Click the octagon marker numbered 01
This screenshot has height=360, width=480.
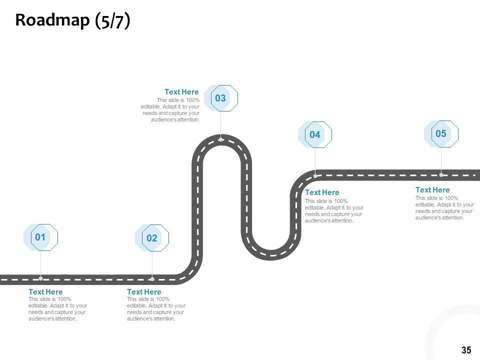[41, 237]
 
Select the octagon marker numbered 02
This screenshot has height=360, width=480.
[152, 238]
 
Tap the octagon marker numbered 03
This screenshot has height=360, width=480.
[220, 98]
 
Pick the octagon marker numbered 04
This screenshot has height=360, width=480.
[315, 134]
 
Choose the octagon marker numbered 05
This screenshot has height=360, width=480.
[441, 133]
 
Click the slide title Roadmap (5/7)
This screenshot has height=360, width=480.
[72, 20]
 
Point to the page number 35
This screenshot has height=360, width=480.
[466, 350]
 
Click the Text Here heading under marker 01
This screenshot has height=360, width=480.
[45, 292]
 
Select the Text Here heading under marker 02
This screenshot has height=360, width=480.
[144, 292]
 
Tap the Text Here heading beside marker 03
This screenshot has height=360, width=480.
[181, 92]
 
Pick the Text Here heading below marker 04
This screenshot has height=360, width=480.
[322, 192]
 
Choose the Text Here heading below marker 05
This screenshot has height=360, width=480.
[432, 190]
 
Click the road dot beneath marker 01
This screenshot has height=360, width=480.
[41, 278]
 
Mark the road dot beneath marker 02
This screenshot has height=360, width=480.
[152, 278]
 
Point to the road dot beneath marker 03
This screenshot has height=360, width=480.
[220, 139]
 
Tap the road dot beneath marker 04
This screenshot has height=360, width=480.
[315, 175]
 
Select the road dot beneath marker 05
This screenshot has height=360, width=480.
[441, 175]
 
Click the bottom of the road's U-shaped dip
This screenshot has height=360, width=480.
[270, 254]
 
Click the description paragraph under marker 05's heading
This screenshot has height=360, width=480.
[444, 208]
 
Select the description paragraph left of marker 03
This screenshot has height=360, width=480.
[171, 110]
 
